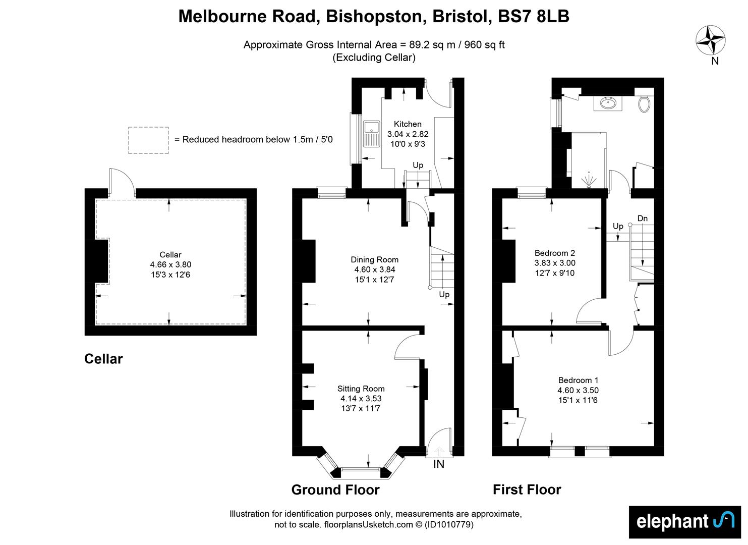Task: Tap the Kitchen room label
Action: point(408,124)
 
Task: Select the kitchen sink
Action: point(371,134)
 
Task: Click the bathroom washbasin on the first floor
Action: point(608,103)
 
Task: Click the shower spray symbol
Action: point(589,181)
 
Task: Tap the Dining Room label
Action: point(374,260)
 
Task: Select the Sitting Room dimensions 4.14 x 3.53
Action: point(361,398)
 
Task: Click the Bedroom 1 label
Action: point(578,380)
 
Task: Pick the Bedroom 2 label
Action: point(555,253)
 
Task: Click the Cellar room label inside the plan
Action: point(170,255)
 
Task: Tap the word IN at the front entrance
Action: point(439,464)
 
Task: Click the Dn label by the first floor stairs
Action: point(643,219)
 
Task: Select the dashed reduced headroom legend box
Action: point(148,140)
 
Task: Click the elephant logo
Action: point(685,522)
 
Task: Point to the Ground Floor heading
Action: point(335,490)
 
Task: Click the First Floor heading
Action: point(527,490)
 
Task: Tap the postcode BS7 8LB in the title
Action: point(533,16)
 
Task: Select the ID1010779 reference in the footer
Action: point(449,525)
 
